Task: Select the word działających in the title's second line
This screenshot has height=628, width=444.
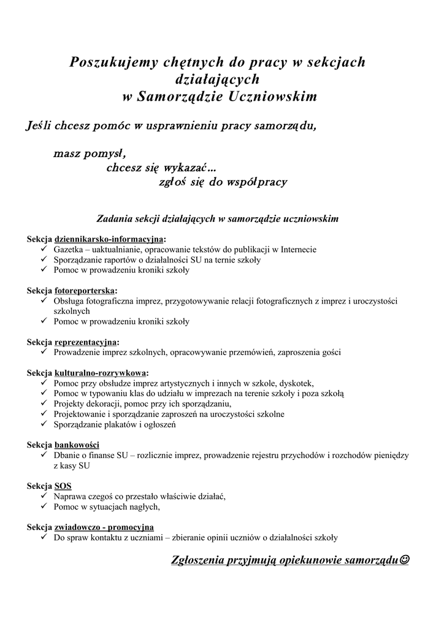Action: (218, 80)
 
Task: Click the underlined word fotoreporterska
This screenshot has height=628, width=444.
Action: (85, 290)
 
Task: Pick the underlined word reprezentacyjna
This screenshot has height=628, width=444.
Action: (86, 342)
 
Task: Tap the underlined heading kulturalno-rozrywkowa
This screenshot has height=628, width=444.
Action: (101, 372)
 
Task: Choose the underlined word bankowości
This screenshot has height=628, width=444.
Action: (77, 445)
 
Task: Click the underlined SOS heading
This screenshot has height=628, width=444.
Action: (63, 486)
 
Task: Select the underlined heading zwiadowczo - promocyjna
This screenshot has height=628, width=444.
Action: (104, 527)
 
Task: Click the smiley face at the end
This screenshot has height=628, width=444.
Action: (404, 560)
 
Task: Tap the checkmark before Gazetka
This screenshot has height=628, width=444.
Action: (44, 250)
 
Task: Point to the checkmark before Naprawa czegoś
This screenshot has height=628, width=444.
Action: (44, 496)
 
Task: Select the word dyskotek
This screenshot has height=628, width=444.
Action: (297, 383)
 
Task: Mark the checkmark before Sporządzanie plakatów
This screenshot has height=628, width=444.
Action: (44, 424)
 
